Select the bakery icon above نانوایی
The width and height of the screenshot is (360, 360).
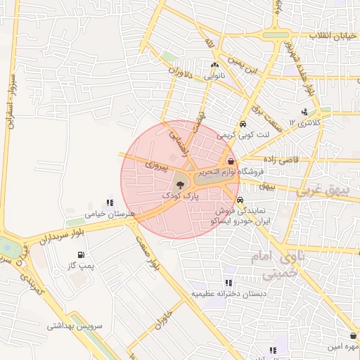click(x=214, y=65)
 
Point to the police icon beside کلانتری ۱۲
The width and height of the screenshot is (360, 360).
click(x=304, y=112)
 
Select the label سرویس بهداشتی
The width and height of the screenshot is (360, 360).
click(x=75, y=326)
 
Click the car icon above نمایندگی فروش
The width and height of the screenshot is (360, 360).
click(x=242, y=199)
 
